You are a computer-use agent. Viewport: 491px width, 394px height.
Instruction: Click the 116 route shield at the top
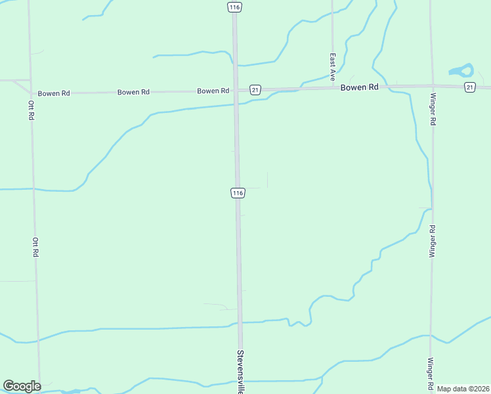[234, 7]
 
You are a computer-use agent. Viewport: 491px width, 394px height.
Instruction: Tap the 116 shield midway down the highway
[238, 192]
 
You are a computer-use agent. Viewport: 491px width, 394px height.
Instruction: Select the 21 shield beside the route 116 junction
[255, 89]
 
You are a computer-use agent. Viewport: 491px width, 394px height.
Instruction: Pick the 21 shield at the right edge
[469, 87]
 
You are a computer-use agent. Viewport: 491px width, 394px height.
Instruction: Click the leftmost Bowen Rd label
[54, 93]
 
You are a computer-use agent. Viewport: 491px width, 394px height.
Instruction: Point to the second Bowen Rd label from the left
[133, 92]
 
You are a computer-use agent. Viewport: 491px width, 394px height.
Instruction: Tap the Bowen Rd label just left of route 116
[213, 91]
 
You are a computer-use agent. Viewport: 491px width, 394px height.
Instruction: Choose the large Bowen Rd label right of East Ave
[359, 87]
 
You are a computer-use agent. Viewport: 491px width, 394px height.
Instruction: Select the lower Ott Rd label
[35, 247]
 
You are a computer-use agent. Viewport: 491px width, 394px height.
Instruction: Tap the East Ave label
[333, 63]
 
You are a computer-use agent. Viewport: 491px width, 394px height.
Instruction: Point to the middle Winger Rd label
[432, 241]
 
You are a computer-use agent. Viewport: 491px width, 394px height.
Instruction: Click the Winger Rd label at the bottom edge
[431, 373]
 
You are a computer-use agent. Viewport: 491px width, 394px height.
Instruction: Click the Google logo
[22, 386]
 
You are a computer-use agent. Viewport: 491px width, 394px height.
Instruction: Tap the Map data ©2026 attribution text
[463, 389]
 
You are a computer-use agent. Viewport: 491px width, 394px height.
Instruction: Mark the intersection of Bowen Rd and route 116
[236, 91]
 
